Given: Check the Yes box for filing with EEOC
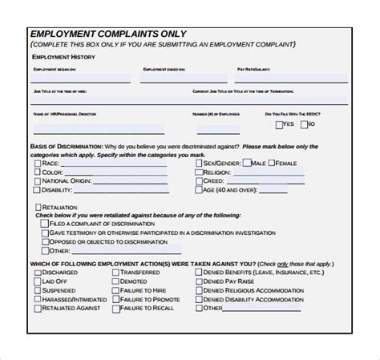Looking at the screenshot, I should [x=280, y=125].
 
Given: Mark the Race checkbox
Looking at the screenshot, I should [x=38, y=163].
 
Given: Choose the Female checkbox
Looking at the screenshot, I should [x=271, y=163].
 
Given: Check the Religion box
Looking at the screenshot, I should [x=198, y=172].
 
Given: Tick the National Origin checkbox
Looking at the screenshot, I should [x=38, y=182].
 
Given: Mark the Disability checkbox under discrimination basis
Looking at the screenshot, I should [x=38, y=192].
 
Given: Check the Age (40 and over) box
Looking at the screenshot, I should [x=198, y=192].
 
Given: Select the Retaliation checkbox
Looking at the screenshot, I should [x=38, y=207].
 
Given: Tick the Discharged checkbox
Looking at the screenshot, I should [x=38, y=271].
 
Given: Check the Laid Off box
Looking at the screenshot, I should [x=38, y=282].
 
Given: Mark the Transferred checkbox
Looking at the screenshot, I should [x=116, y=271].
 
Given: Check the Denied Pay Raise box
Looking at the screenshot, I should [x=198, y=282].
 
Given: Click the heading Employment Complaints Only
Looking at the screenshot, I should [x=108, y=34].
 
